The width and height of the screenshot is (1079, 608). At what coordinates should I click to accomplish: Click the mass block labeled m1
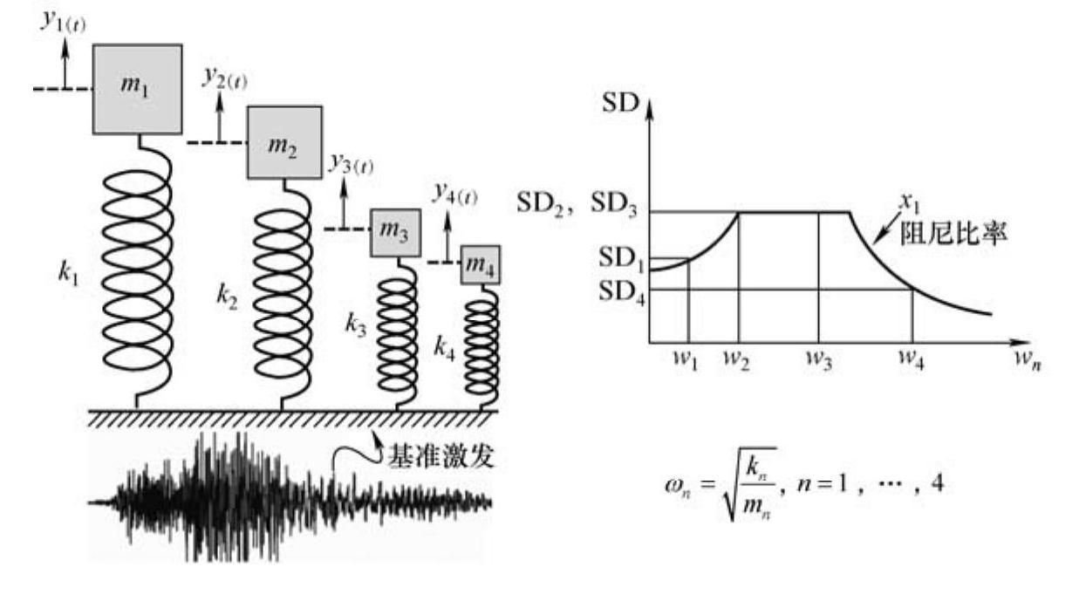(x=138, y=89)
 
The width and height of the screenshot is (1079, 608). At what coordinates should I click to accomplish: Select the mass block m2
(x=284, y=143)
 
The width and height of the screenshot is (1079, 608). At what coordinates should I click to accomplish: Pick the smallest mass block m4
(x=481, y=263)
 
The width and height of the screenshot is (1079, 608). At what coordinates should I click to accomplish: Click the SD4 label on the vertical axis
(x=621, y=290)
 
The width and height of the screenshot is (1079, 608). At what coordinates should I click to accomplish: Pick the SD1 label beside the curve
(x=621, y=258)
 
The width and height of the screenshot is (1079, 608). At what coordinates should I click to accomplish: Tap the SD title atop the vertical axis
(x=620, y=106)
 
